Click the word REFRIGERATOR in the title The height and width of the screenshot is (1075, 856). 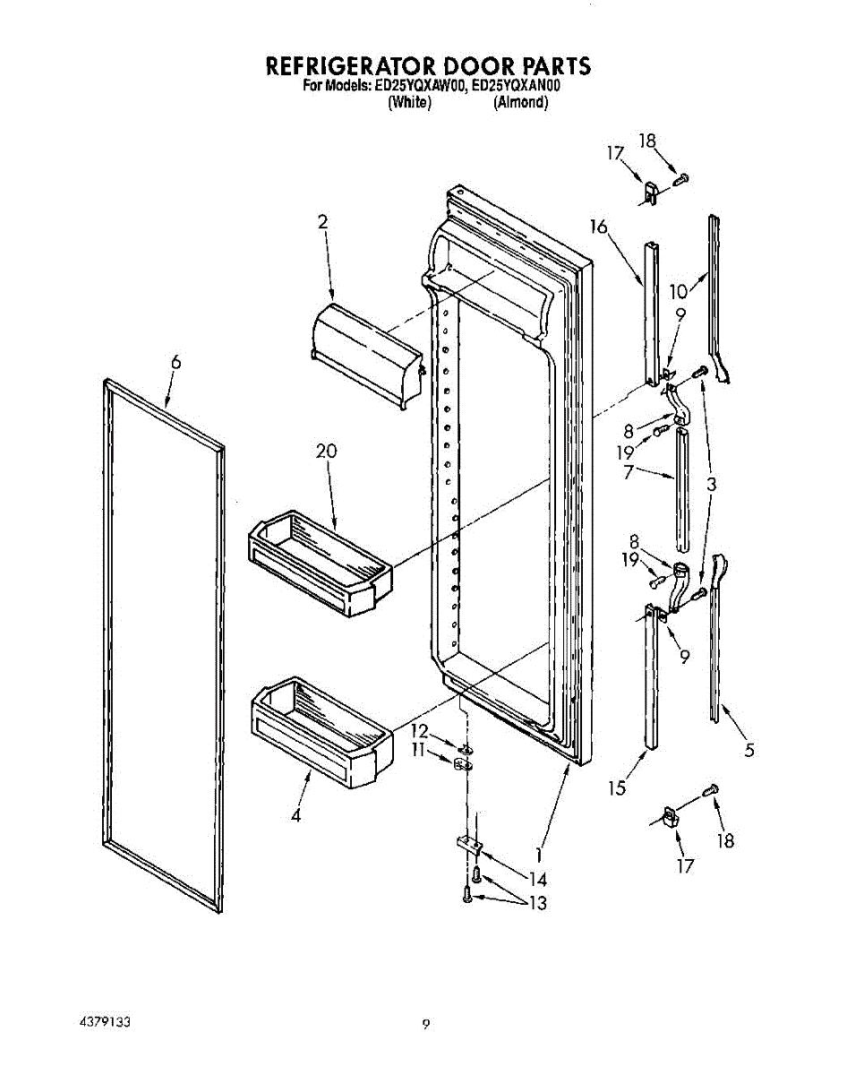coord(347,66)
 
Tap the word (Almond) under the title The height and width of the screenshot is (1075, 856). coord(520,102)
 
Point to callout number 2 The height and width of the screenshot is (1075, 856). coord(322,224)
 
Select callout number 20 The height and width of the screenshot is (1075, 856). coord(326,451)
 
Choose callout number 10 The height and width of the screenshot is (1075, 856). coord(679,291)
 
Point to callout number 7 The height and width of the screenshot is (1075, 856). coord(629,471)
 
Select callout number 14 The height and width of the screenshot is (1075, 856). coord(537,879)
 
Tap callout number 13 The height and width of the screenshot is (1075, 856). coord(537,903)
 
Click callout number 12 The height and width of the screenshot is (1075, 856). coord(420,730)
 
